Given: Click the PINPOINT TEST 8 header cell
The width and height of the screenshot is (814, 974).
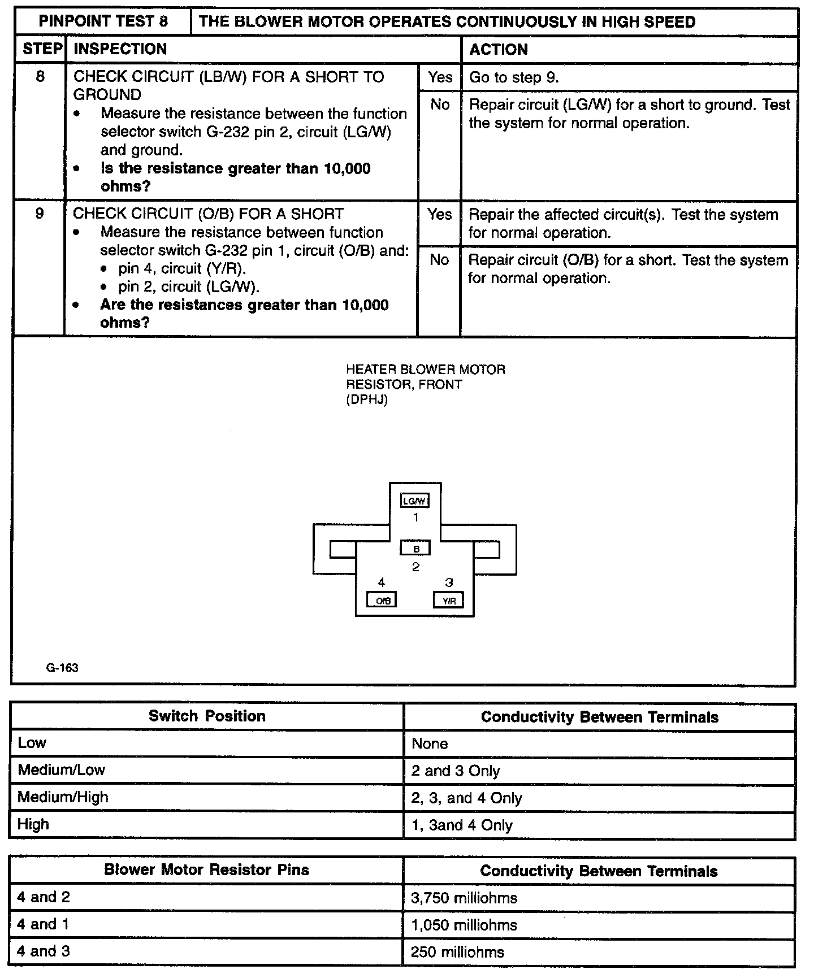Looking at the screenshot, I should click(x=103, y=21).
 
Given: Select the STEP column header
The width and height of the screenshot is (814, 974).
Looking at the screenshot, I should click(x=42, y=49).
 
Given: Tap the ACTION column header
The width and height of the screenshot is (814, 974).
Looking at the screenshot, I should click(x=498, y=50).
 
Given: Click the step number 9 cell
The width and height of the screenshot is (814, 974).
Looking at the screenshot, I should click(x=40, y=214).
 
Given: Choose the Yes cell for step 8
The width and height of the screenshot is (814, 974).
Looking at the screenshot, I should click(x=439, y=77).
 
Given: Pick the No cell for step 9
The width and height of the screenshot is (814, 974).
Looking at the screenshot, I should click(x=439, y=260).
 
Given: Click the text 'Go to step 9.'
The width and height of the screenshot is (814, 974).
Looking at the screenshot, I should click(x=514, y=77).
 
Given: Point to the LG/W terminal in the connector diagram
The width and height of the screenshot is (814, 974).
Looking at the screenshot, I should click(x=415, y=501).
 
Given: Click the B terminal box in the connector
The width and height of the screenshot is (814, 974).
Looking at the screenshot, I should click(x=415, y=548).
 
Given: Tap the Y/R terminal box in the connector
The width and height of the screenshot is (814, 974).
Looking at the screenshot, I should click(x=449, y=601).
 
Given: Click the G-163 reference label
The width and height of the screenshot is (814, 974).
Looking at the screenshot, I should click(x=62, y=668).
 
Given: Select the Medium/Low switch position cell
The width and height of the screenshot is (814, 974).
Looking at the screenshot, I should click(x=61, y=770).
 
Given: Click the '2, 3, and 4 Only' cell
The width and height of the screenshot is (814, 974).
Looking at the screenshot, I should click(x=466, y=798).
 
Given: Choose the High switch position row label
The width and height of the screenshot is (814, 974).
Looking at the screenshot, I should click(x=33, y=824).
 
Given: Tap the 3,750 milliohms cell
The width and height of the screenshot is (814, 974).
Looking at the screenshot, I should click(x=464, y=898).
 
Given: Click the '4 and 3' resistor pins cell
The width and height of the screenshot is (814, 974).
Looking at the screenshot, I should click(x=44, y=951).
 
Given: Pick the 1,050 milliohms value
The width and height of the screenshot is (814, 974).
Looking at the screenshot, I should click(x=464, y=925).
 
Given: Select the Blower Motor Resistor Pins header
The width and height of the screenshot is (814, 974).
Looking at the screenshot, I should click(x=206, y=870).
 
